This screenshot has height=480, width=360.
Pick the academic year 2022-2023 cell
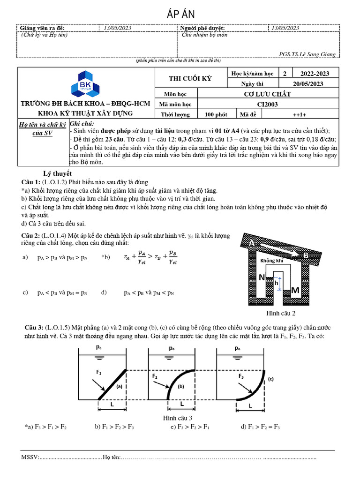tap(314, 74)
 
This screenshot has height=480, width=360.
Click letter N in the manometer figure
tap(262, 277)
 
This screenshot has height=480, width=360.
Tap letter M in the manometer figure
tap(295, 291)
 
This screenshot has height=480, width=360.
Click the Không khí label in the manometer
tap(272, 261)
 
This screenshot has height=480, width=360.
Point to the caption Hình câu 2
tap(281, 313)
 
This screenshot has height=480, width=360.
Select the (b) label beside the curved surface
tap(180, 386)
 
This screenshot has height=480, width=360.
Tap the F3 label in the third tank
tap(241, 376)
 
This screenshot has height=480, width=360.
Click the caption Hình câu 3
tap(178, 418)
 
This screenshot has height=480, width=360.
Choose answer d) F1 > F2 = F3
tap(261, 427)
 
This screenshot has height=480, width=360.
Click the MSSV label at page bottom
tap(30, 457)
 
